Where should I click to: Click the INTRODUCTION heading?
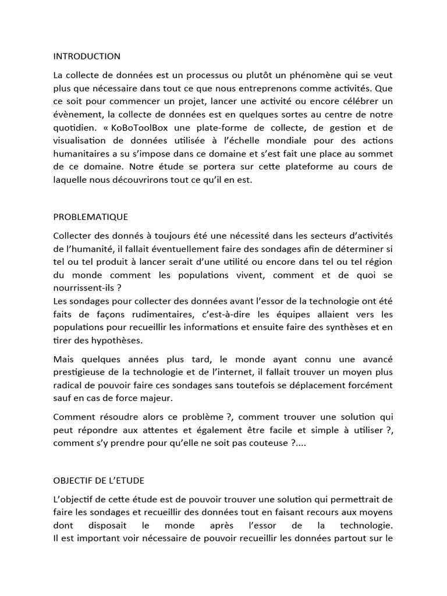click(x=87, y=56)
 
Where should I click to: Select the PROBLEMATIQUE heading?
click(x=90, y=217)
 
